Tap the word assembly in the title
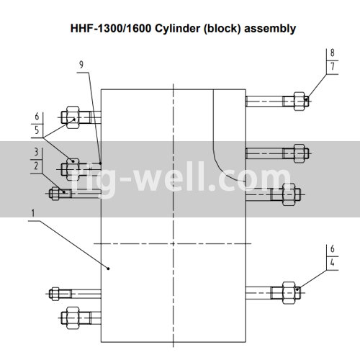[x=270, y=29]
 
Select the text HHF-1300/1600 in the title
[x=111, y=28]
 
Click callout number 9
[x=81, y=65]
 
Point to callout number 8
[x=332, y=53]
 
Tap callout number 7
[x=333, y=66]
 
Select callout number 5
[x=37, y=130]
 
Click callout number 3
[x=36, y=152]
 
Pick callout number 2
[x=36, y=166]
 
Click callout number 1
[x=33, y=213]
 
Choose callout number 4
[x=333, y=263]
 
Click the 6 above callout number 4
[x=333, y=248]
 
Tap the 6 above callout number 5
[x=37, y=117]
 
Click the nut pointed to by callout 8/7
[x=300, y=102]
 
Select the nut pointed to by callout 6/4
[x=289, y=293]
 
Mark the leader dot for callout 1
[x=108, y=269]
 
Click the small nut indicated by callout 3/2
[x=55, y=194]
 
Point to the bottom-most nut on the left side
[x=73, y=318]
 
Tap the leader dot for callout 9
[x=100, y=163]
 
